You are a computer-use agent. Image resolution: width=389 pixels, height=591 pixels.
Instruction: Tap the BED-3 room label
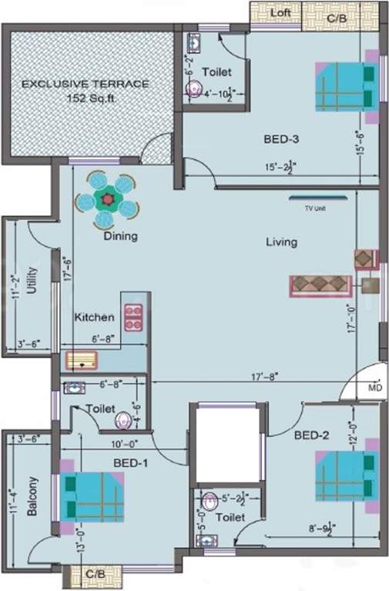click(x=281, y=139)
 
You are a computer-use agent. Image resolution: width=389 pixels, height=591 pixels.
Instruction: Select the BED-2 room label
click(x=311, y=435)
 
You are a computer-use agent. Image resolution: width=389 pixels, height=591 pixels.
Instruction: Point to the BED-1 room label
click(x=130, y=462)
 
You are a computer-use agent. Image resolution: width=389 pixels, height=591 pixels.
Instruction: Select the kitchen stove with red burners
click(x=134, y=317)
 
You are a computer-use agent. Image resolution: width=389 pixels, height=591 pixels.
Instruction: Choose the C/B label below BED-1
click(x=96, y=574)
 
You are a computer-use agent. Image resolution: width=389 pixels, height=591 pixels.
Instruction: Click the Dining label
click(x=120, y=236)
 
